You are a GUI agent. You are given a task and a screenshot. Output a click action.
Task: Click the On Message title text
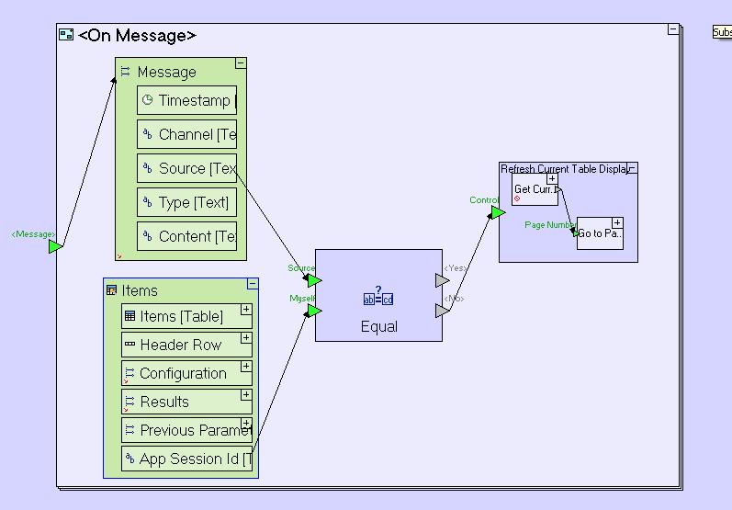click(x=137, y=36)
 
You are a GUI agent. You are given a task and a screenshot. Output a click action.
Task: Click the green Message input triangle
click(x=55, y=246)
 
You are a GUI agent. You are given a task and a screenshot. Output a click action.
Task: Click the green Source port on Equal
click(x=314, y=280)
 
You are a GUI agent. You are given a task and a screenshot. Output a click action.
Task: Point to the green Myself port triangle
click(x=314, y=312)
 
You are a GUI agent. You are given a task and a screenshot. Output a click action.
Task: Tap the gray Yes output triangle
click(x=442, y=280)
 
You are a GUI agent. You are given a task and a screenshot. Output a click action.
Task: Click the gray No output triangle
click(x=442, y=312)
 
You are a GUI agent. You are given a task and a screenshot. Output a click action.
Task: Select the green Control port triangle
click(x=497, y=213)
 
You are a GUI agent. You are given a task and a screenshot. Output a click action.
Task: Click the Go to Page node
click(x=600, y=233)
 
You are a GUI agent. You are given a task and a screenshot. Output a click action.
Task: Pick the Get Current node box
click(x=535, y=189)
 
